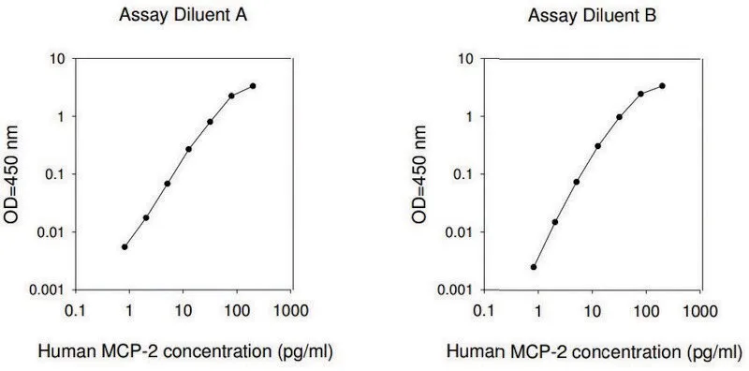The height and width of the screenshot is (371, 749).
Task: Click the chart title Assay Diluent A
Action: [x=183, y=16]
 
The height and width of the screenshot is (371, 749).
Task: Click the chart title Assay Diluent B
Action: [x=593, y=16]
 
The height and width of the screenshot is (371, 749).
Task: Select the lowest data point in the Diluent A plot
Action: [x=125, y=246]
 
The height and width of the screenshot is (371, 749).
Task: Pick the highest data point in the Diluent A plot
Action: [x=253, y=86]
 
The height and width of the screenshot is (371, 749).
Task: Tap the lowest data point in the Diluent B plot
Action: [x=534, y=267]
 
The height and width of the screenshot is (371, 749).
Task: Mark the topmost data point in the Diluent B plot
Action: [x=662, y=86]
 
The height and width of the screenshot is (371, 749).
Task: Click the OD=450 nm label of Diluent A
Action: [x=11, y=174]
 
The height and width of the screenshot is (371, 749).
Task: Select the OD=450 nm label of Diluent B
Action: [x=419, y=174]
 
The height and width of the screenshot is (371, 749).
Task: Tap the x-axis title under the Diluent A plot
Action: [x=184, y=352]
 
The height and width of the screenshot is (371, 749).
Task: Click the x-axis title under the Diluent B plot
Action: [x=594, y=352]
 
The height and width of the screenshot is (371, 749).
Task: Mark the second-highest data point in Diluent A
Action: [x=231, y=96]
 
